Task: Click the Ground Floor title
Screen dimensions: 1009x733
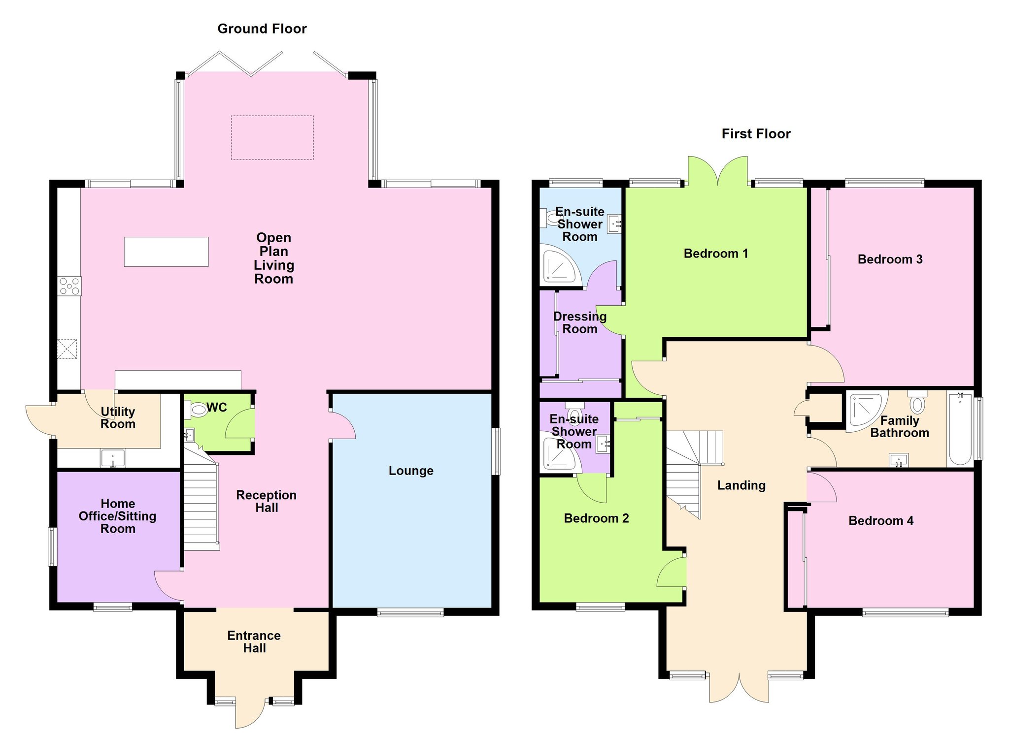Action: (x=262, y=29)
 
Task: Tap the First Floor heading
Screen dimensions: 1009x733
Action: (x=756, y=134)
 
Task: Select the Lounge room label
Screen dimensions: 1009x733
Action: (x=411, y=471)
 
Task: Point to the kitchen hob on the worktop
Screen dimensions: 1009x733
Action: (x=69, y=286)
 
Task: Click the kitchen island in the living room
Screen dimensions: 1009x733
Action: (x=166, y=252)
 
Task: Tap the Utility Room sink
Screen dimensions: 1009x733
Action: (x=113, y=458)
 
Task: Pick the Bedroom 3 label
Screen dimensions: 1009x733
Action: (x=890, y=259)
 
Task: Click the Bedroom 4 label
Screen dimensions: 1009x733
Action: (x=881, y=521)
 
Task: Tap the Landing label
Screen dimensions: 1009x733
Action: (x=741, y=486)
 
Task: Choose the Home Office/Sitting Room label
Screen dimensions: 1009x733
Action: (x=118, y=516)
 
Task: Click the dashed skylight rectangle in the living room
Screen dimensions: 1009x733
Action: (x=272, y=137)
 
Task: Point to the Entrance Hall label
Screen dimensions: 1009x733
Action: (x=254, y=642)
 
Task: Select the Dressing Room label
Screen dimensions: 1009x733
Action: (x=580, y=323)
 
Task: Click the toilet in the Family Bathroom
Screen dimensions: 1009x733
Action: (x=917, y=402)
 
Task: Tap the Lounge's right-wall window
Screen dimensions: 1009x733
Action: (x=497, y=451)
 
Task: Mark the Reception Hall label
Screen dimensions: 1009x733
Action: (x=267, y=501)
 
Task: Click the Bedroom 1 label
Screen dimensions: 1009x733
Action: (x=716, y=254)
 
